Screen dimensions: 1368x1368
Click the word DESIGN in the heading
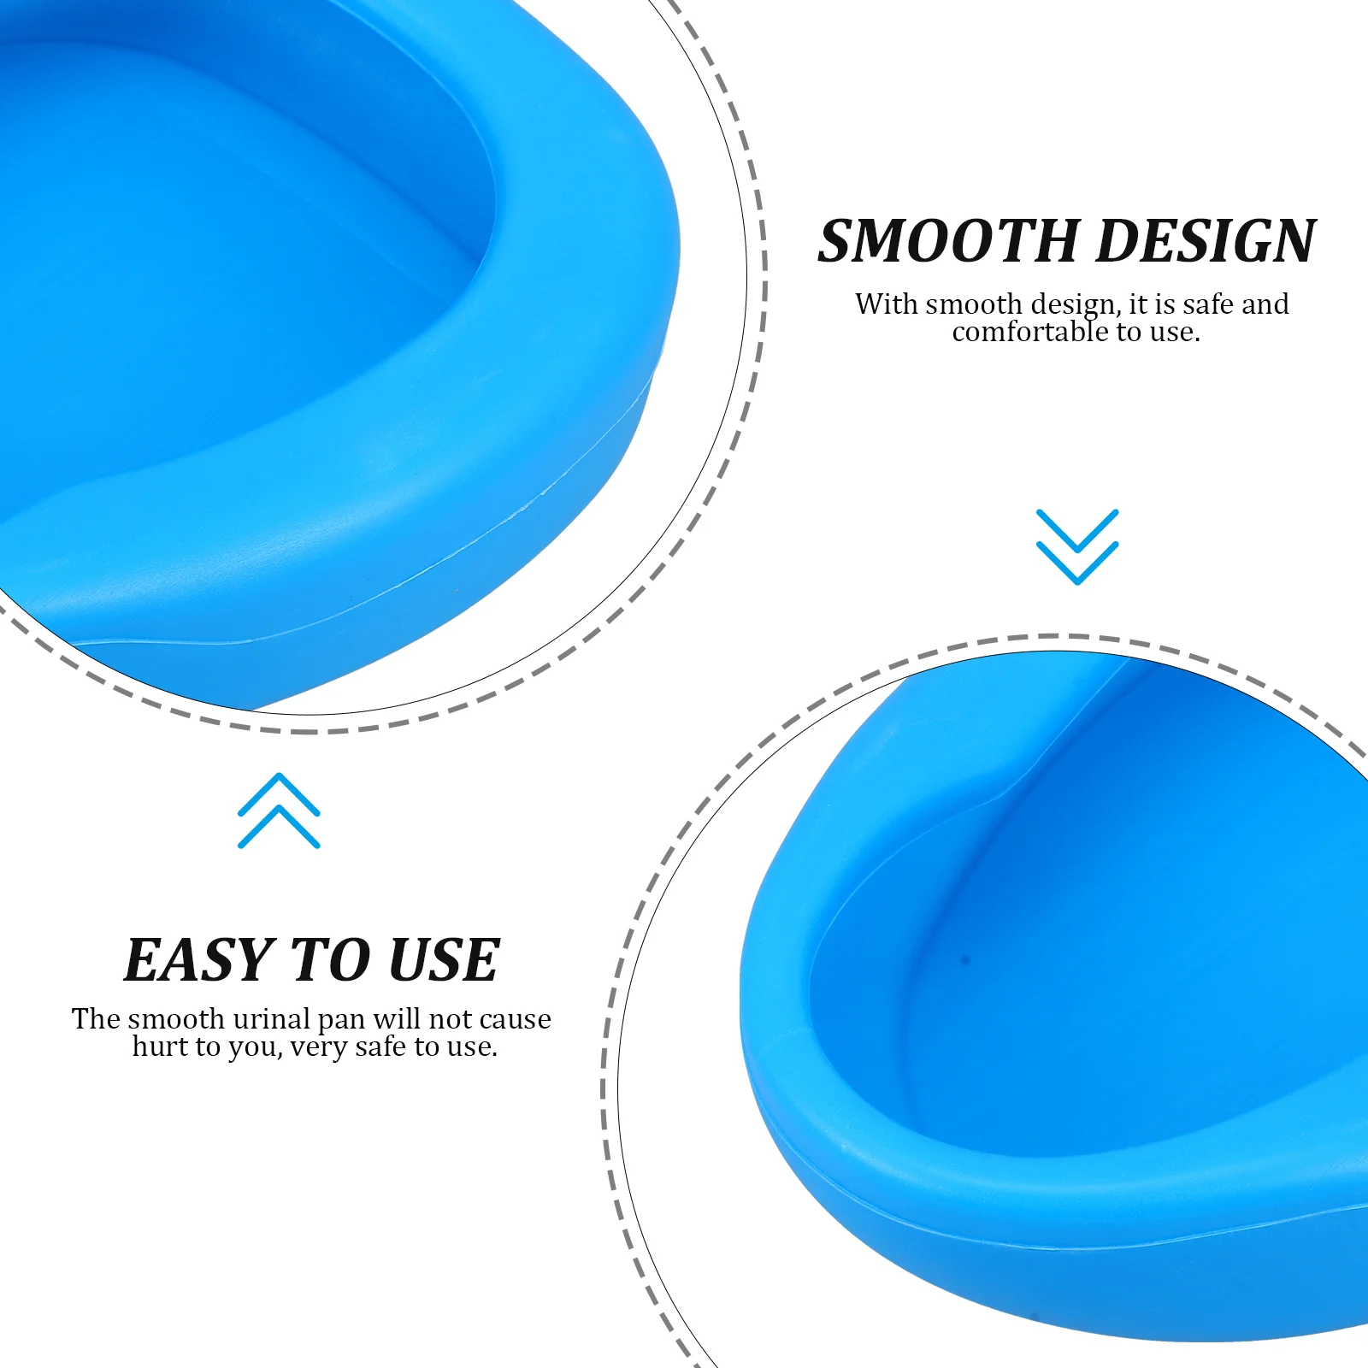1205,241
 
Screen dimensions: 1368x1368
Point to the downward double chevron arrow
1076,546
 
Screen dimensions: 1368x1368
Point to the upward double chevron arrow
279,811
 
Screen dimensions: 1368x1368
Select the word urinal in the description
271,1019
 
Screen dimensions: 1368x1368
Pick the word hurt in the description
161,1047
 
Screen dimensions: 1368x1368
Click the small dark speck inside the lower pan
967,959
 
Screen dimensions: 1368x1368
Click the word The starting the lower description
96,1019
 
